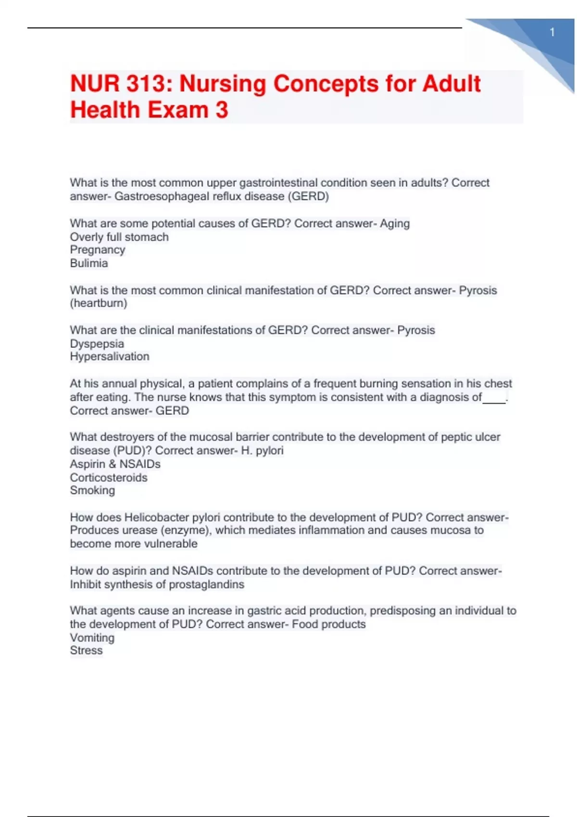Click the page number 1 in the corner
point(552,32)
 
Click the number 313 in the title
point(147,84)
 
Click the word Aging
point(395,223)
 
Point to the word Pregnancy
point(98,250)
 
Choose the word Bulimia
point(89,263)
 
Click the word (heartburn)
point(99,303)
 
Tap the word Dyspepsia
point(97,344)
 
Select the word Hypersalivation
point(110,357)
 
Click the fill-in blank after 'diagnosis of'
point(494,398)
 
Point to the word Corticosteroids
point(109,478)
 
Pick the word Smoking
point(92,491)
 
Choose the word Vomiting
point(92,638)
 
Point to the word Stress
point(87,651)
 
